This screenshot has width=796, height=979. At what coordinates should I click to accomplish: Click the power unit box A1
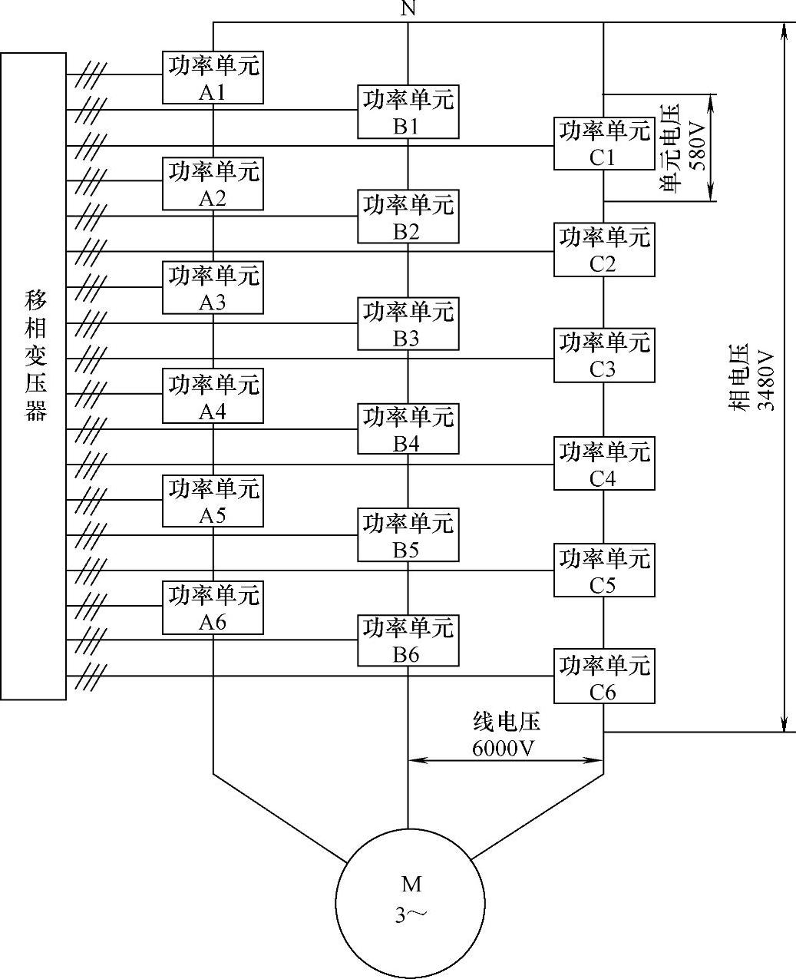(213, 78)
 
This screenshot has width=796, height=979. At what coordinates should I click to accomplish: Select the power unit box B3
(408, 324)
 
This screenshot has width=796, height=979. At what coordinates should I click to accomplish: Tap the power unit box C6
(604, 676)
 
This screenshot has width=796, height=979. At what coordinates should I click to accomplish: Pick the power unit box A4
(213, 395)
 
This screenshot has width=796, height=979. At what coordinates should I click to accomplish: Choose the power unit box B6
(408, 640)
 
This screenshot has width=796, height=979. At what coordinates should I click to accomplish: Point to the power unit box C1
(604, 144)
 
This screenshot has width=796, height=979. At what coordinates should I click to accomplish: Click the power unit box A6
(213, 607)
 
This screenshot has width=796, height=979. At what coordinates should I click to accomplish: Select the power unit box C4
(604, 464)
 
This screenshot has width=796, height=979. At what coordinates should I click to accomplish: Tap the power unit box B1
(408, 112)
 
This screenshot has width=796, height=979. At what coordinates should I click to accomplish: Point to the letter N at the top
(408, 9)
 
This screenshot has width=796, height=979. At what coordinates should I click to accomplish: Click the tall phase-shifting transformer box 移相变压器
(33, 376)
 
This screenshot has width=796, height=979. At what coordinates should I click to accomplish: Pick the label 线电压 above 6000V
(506, 723)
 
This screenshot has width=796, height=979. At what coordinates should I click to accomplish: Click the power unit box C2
(604, 250)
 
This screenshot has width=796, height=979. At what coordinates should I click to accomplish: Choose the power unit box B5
(408, 535)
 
